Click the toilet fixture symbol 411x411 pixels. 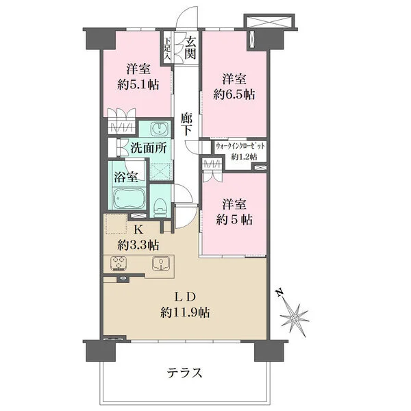click(160, 207)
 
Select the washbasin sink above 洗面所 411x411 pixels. click(158, 129)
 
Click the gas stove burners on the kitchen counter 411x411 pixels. click(119, 263)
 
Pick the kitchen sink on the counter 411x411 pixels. click(160, 263)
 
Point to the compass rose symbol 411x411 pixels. click(295, 318)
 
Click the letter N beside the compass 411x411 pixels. click(280, 292)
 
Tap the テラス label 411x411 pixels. click(185, 373)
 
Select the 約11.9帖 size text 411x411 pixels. click(185, 312)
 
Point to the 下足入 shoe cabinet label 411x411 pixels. click(168, 49)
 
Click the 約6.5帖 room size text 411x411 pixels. click(234, 95)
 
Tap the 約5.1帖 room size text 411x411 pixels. click(138, 85)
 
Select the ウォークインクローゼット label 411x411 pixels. click(240, 146)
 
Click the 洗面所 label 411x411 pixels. click(149, 148)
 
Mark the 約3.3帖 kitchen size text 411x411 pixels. click(138, 245)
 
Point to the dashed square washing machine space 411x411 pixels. click(161, 171)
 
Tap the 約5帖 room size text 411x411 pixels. click(234, 220)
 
